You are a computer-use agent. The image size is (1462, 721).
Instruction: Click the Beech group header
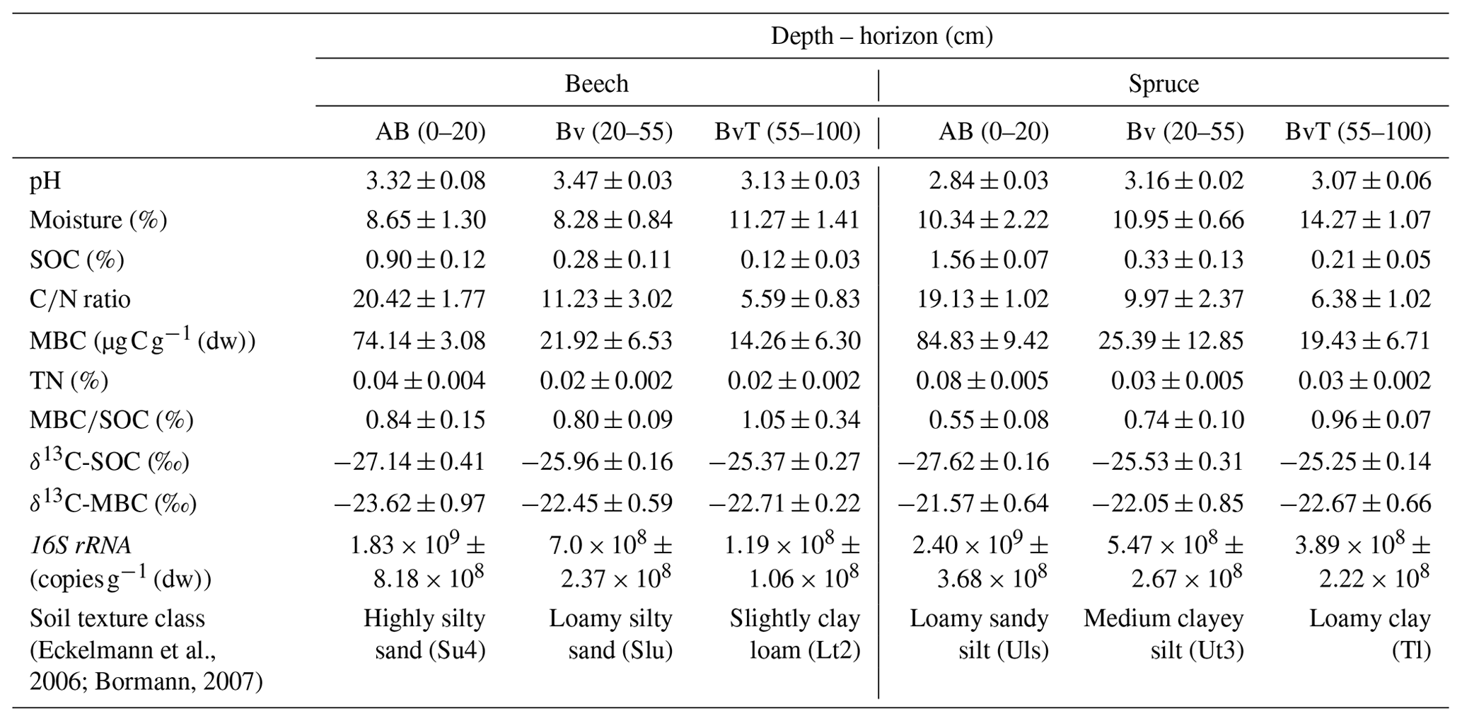(596, 83)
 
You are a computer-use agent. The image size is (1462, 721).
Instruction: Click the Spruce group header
(1164, 83)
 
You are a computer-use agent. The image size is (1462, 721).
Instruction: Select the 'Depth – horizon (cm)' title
(881, 35)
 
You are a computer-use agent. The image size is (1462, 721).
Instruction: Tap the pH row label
(45, 181)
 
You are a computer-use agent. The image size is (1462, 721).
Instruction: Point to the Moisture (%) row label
(98, 220)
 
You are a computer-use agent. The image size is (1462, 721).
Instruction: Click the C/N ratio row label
(80, 299)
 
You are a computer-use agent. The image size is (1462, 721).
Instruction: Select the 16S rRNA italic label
(80, 546)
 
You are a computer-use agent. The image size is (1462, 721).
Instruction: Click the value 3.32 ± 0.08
(425, 180)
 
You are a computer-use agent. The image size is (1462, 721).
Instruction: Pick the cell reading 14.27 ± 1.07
(1364, 220)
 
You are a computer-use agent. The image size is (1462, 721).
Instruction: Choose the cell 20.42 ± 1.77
(419, 299)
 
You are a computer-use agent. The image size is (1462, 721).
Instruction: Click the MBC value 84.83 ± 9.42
(982, 341)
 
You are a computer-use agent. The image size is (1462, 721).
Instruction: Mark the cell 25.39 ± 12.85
(1170, 341)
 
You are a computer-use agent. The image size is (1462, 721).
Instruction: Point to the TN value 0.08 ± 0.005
(982, 381)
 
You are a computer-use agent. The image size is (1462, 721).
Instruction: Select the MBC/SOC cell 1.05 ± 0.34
(800, 420)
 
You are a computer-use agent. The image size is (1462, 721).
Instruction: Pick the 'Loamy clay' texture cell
(1369, 618)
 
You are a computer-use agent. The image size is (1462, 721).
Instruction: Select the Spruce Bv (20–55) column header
(1185, 132)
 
